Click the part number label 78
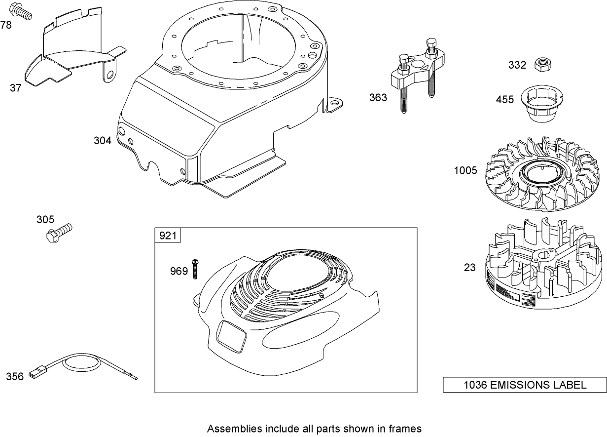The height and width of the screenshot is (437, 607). (x=6, y=25)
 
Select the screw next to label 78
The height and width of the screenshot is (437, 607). (x=22, y=11)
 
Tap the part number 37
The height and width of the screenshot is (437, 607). (x=16, y=88)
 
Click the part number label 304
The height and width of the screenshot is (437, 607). (x=103, y=141)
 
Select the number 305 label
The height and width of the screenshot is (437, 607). (x=45, y=219)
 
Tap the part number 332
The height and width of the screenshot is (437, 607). (x=517, y=65)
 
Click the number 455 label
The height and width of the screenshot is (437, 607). (x=505, y=100)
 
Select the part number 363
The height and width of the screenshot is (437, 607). (x=378, y=97)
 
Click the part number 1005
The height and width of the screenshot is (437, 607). (x=466, y=170)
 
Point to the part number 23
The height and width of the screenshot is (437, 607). (x=470, y=267)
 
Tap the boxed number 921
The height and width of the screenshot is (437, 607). (x=168, y=236)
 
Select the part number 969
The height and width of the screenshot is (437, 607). (x=179, y=271)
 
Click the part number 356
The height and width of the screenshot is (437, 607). (x=15, y=377)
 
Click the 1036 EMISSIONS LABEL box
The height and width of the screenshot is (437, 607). (x=525, y=385)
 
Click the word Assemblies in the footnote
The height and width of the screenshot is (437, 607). (x=229, y=428)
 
